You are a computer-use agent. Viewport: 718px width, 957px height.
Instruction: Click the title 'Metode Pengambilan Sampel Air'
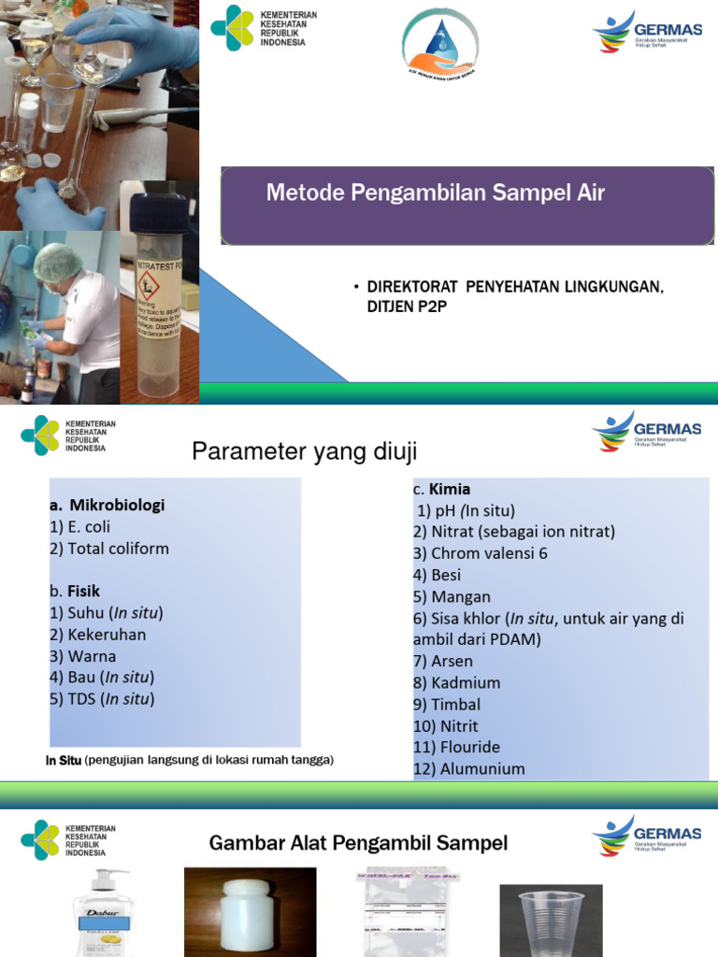tap(436, 193)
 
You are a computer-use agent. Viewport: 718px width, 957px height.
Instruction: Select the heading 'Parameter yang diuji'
tap(304, 452)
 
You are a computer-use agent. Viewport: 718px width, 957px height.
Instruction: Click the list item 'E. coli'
tap(80, 527)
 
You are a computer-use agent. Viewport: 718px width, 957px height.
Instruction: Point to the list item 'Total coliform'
tap(110, 549)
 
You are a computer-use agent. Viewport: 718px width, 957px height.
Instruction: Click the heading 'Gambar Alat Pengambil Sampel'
tap(358, 844)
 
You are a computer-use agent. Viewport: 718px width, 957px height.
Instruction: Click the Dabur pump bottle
tap(104, 916)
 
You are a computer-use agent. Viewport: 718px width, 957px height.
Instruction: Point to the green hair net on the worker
tap(57, 262)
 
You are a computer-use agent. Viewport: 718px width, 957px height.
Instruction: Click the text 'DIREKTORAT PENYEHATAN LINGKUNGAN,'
tap(515, 286)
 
